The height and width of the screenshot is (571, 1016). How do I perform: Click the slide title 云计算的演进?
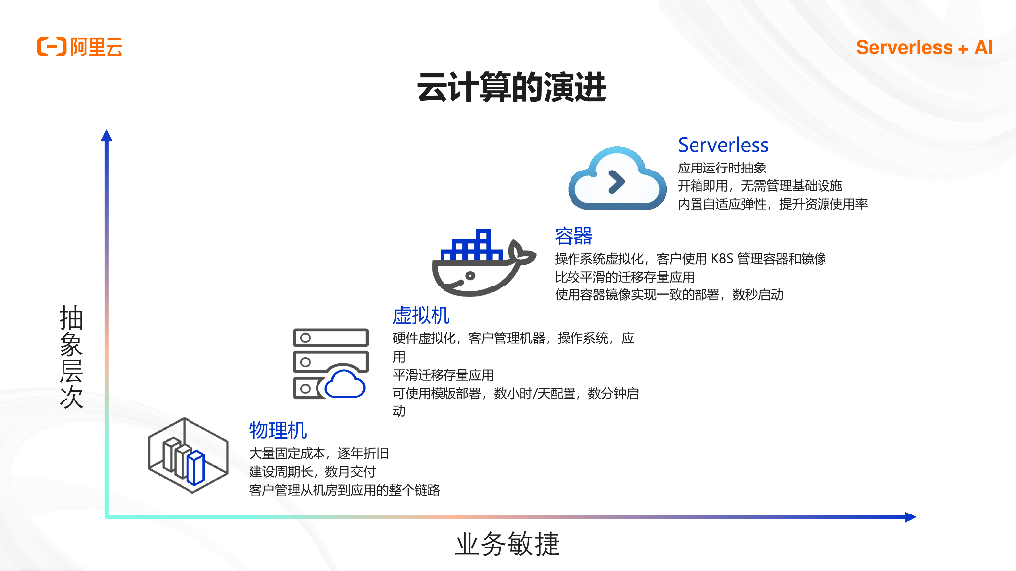511,89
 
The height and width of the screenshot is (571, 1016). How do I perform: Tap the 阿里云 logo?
79,47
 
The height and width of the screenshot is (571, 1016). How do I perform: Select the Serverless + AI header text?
924,47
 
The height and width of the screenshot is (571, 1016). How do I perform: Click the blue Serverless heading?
722,146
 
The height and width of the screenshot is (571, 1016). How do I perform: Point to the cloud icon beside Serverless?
616,179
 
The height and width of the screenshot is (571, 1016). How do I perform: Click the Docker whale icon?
475,264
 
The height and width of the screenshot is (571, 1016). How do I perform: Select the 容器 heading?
573,235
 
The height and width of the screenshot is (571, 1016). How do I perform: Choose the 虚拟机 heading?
421,315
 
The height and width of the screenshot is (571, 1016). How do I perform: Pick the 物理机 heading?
278,430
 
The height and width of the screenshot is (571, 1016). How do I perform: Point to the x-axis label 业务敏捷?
507,543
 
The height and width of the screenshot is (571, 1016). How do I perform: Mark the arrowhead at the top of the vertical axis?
106,135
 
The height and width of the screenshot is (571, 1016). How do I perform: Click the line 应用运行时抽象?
721,169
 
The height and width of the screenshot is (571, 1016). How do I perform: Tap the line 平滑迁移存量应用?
443,375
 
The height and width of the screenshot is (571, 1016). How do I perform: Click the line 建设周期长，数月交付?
312,471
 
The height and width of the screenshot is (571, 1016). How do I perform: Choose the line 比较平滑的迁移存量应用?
624,277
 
